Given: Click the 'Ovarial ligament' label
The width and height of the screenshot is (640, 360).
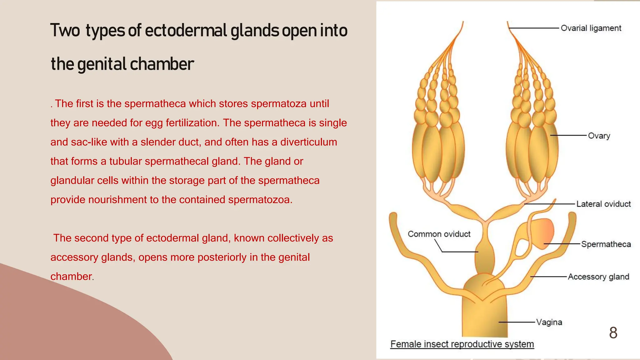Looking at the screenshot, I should (591, 28).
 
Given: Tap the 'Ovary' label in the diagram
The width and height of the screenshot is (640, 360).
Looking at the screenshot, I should (599, 136).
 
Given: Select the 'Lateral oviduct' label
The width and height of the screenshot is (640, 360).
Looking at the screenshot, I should (603, 204).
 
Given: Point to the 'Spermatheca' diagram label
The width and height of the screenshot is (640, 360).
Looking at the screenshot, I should (606, 244).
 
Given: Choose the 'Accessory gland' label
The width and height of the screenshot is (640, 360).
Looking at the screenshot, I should (598, 277).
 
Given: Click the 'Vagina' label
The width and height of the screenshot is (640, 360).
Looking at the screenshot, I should (549, 322).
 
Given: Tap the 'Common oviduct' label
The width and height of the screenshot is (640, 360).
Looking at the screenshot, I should (439, 234).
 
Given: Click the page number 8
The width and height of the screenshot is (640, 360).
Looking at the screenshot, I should (613, 333).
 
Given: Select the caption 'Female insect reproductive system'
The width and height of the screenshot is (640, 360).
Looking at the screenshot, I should (462, 344).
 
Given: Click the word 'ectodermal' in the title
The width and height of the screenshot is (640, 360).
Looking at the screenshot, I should (186, 31).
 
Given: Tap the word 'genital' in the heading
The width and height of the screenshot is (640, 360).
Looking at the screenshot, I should (102, 64).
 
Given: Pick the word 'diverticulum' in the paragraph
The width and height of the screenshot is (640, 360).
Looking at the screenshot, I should (308, 142).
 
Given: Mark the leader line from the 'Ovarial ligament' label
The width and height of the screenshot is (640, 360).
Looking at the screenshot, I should (534, 28).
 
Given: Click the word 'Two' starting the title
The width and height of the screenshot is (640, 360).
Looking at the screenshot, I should (65, 31).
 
